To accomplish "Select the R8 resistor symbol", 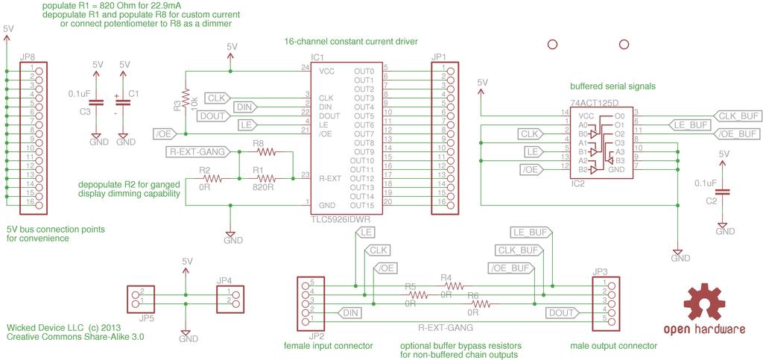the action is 266,152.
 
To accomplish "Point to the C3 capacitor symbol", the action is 98,103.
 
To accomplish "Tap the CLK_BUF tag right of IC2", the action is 735,116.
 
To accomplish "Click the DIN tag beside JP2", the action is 351,312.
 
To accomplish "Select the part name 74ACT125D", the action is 594,103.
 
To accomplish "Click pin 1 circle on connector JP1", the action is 451,71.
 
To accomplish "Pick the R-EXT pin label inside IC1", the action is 330,178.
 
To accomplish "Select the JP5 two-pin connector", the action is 141,299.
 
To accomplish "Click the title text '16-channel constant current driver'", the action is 351,41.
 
